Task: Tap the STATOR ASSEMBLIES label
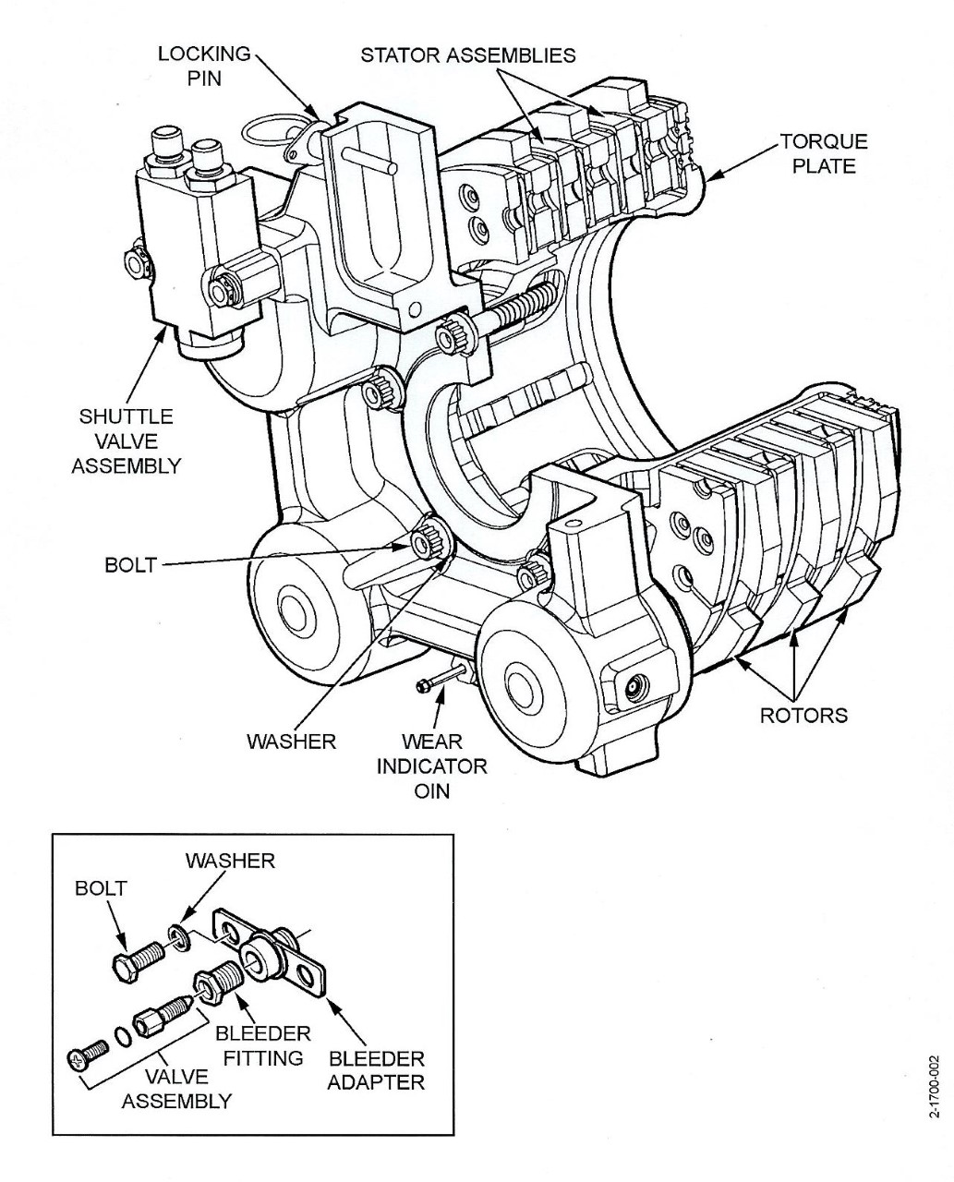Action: coord(467,54)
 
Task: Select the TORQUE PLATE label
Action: coord(824,153)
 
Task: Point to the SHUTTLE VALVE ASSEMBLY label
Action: coord(126,440)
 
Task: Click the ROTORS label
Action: coord(803,715)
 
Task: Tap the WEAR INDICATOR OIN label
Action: coord(431,766)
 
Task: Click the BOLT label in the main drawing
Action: coord(130,564)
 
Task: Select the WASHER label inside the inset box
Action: coord(230,861)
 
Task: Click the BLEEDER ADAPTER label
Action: coord(376,1069)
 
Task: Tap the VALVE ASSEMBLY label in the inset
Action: coord(176,1088)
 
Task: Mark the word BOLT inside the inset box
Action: coord(101,889)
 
